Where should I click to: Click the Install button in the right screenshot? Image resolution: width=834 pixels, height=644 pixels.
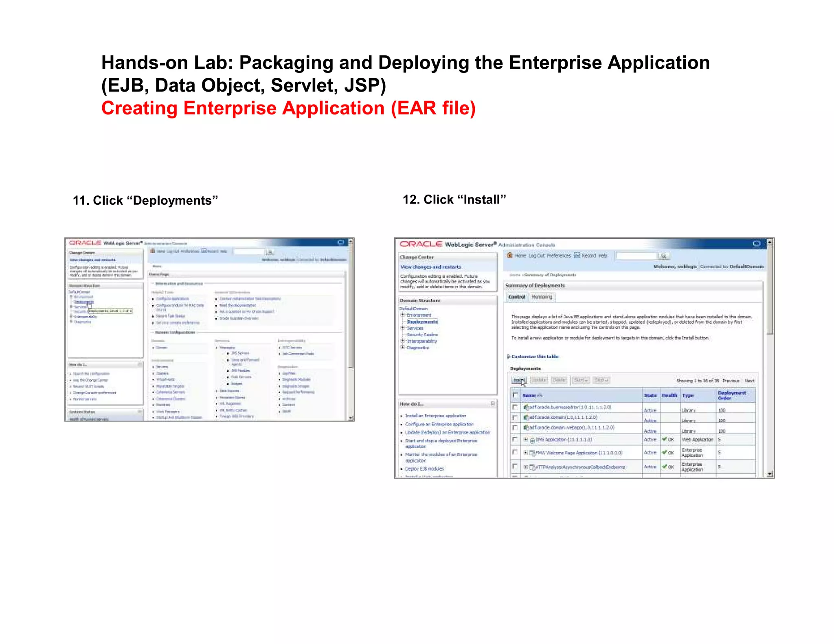(518, 380)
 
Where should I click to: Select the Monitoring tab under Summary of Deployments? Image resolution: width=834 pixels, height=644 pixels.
(542, 297)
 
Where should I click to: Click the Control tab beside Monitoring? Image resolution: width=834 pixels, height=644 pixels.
(517, 297)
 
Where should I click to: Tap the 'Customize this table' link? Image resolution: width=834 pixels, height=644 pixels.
(535, 357)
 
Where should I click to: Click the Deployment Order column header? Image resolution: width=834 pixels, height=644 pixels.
(731, 395)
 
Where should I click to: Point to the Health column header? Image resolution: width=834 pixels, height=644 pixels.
(669, 395)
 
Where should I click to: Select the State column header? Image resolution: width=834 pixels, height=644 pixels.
(650, 395)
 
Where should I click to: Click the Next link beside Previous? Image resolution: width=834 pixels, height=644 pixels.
(749, 381)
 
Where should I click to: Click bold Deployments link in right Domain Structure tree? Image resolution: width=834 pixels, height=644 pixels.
(422, 322)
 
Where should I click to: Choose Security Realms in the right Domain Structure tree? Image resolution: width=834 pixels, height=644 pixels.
(422, 335)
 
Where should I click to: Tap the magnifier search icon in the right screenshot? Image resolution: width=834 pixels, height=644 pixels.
(664, 256)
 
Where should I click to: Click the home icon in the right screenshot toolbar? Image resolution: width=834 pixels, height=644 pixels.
(509, 255)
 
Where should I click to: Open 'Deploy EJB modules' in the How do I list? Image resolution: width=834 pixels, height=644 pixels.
(424, 469)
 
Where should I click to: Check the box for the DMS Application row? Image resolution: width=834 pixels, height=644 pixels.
(515, 439)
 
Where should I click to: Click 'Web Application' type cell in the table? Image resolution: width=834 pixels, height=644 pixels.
(697, 440)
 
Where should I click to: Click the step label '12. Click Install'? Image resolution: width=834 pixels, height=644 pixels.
(454, 199)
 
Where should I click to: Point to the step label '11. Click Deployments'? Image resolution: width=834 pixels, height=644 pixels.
(145, 200)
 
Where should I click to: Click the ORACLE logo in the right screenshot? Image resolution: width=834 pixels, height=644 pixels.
(421, 244)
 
